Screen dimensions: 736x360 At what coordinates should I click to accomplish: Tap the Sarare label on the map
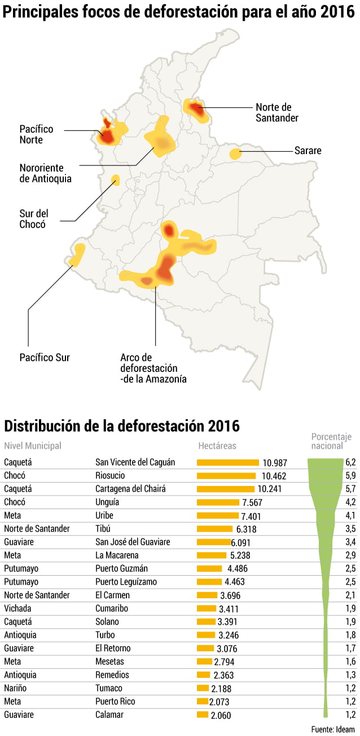308,151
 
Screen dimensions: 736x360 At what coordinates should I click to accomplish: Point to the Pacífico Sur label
45,357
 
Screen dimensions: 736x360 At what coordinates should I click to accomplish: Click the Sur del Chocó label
33,219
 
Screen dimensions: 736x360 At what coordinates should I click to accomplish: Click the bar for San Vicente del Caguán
227,462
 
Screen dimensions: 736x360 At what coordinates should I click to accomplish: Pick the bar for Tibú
214,529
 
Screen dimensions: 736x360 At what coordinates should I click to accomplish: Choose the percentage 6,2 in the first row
350,462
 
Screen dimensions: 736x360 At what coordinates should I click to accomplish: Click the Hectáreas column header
217,445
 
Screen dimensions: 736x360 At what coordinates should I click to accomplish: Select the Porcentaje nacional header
331,441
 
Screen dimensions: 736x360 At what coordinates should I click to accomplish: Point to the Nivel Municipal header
32,445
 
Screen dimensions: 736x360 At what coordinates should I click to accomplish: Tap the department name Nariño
15,688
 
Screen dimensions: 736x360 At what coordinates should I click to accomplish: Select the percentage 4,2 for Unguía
350,502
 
